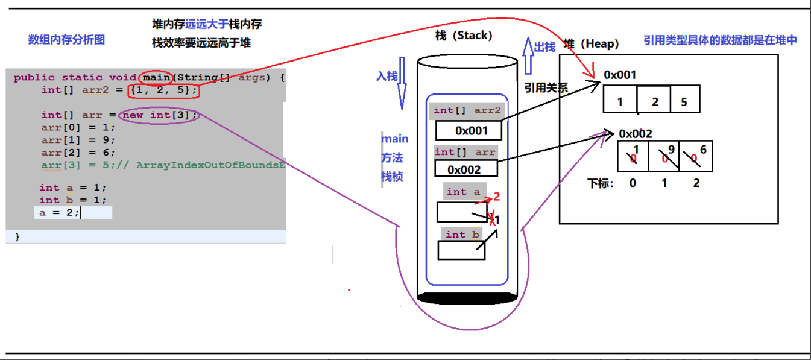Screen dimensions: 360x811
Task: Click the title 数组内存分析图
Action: pos(66,40)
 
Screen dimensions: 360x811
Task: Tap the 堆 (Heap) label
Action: pos(592,43)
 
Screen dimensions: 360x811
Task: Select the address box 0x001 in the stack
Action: pos(470,130)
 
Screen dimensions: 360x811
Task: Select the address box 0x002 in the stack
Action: pos(464,169)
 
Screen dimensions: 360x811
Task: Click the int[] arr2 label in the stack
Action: pos(467,110)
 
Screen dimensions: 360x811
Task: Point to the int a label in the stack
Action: pos(463,192)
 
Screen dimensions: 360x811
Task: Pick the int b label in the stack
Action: pos(462,235)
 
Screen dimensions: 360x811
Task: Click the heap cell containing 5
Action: pos(684,101)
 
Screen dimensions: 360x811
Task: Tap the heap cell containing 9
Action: pos(664,157)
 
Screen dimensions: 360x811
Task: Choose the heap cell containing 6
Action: pos(696,157)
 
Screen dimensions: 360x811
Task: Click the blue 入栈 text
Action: pos(387,77)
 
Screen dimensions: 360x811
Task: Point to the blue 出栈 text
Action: pos(545,47)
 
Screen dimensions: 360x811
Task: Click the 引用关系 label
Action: pos(546,87)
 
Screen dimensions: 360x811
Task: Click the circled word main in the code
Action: pos(156,77)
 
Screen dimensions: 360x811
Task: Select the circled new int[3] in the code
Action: pos(158,115)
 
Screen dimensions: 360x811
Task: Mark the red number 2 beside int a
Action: pos(497,197)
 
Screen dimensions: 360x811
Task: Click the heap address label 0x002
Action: pos(635,134)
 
